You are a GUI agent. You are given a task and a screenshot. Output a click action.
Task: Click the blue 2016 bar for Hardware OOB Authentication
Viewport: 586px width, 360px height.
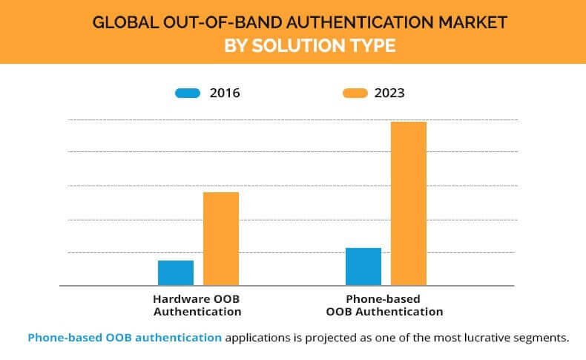point(176,272)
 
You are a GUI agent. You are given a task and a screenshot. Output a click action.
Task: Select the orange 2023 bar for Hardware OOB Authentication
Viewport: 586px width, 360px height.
point(221,238)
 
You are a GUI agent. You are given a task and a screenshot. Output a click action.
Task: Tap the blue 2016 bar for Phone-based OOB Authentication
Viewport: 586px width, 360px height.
point(363,266)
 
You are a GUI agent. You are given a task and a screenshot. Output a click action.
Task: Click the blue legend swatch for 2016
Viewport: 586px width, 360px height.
point(188,93)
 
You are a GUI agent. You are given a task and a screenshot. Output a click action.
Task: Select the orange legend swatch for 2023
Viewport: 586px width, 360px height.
point(355,93)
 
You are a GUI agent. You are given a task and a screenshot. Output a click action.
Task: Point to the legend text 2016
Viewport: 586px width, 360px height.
point(225,93)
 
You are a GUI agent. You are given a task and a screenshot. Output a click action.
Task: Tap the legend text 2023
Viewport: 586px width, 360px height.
point(389,93)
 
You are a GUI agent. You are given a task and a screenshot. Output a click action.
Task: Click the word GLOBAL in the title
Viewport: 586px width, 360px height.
point(122,22)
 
